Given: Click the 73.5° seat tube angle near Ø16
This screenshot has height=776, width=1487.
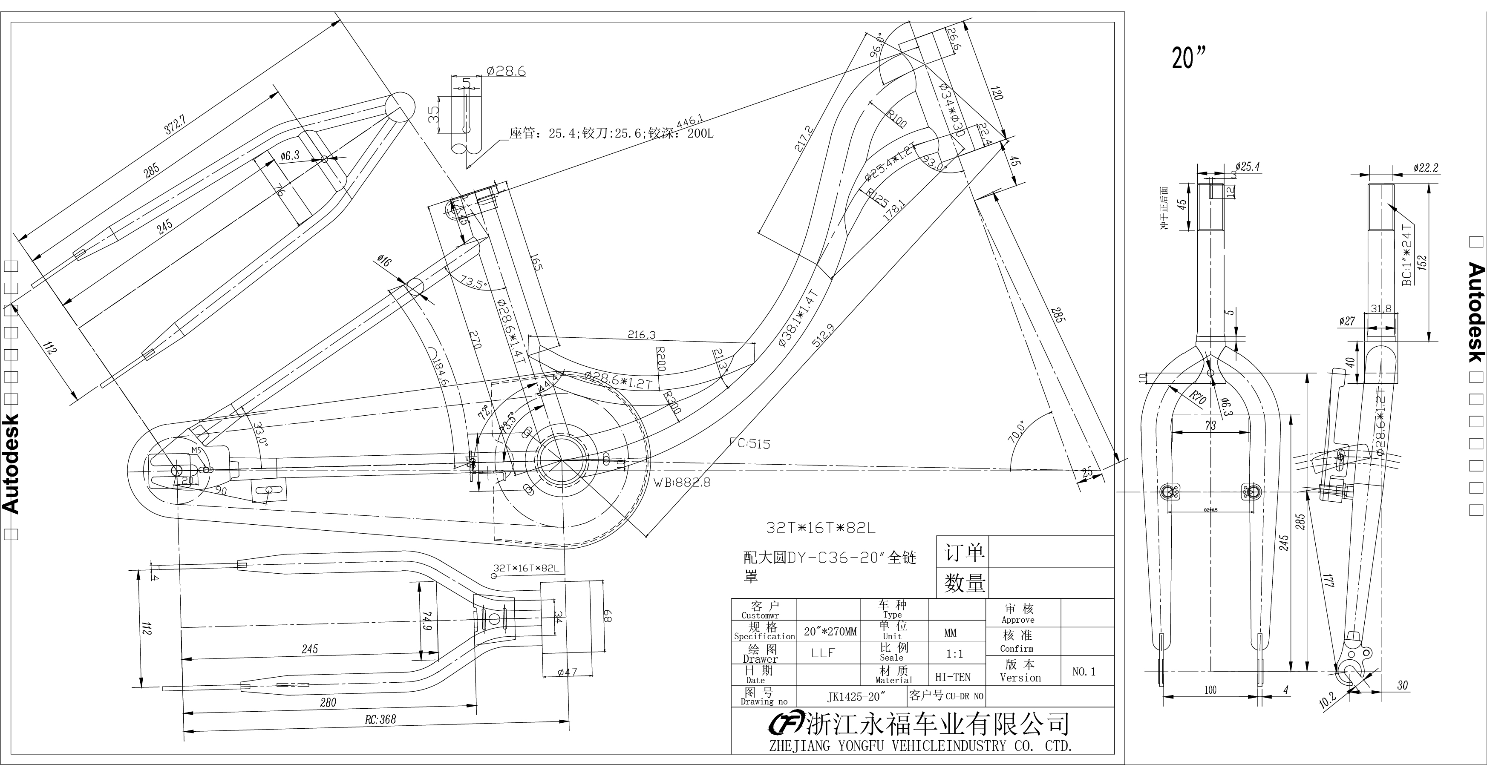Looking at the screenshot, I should coord(474,283).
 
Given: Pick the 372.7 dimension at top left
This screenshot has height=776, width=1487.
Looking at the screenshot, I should coord(175,125).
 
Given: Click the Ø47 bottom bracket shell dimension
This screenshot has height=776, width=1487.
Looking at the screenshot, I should coord(568,672).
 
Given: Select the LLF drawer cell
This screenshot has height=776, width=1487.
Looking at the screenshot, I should coord(823,653).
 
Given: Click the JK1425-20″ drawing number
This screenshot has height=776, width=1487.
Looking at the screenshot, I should coord(856,696).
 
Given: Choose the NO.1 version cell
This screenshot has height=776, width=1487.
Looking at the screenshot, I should coord(1084,672).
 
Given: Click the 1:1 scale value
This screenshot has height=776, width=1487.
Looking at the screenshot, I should coord(954,654).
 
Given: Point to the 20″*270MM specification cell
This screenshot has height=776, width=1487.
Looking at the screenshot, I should coord(830,632).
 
